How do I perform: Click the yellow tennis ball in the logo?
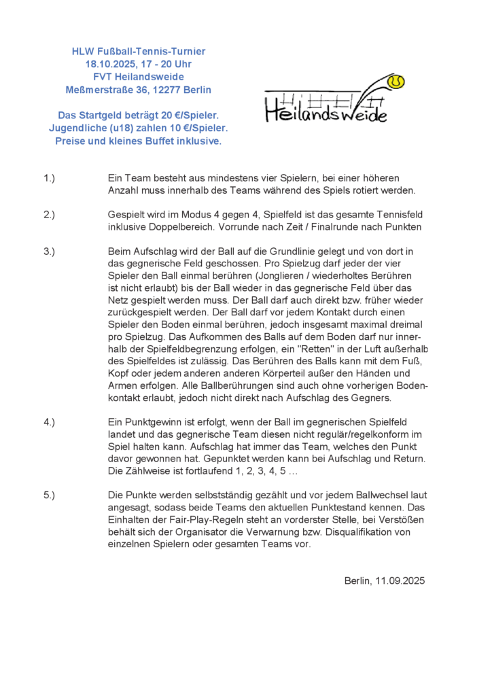[x=396, y=82]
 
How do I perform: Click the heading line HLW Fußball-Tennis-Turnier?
[x=139, y=51]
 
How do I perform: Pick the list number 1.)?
[x=49, y=178]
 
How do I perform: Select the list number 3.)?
[x=49, y=251]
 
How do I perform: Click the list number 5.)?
[x=49, y=495]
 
